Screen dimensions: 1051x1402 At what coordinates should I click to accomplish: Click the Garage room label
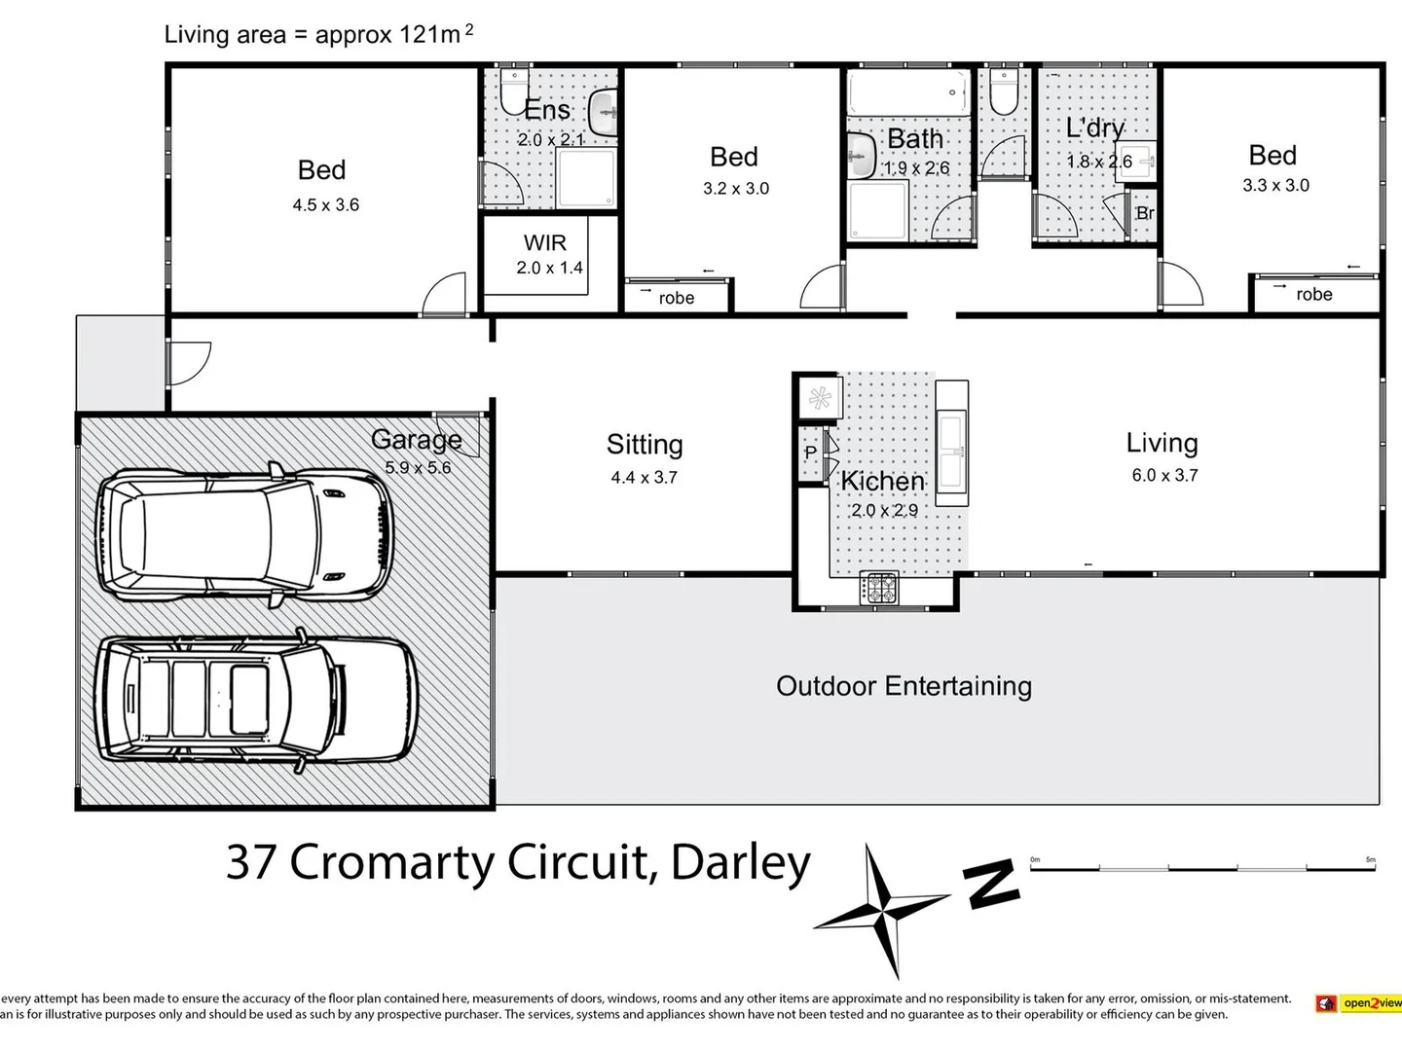417,440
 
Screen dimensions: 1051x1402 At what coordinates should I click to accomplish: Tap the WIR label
544,243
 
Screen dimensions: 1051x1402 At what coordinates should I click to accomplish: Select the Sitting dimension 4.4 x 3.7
644,478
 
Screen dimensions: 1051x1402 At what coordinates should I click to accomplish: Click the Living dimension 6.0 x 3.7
1164,476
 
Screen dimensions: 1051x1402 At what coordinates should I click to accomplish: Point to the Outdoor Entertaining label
904,686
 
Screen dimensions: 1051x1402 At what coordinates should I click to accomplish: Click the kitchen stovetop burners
880,589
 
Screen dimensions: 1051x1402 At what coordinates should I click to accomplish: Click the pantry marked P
810,453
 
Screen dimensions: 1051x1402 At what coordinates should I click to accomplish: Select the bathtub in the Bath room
907,93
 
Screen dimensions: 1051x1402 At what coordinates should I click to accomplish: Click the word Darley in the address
741,862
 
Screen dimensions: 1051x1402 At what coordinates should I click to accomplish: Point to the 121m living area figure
428,35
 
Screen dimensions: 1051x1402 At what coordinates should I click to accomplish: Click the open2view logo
1359,1003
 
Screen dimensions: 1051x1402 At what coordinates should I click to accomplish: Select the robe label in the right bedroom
1313,295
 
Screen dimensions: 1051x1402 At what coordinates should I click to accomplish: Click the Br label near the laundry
1145,213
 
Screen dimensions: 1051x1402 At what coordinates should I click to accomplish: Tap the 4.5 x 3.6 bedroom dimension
325,205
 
